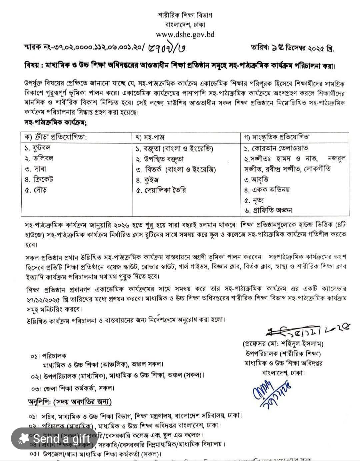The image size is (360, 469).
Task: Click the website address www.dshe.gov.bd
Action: click(x=185, y=34)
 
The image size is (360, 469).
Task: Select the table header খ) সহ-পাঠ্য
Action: click(x=150, y=137)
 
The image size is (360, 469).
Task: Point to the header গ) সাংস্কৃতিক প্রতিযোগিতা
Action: click(x=277, y=137)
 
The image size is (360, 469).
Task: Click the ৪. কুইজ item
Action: click(x=147, y=180)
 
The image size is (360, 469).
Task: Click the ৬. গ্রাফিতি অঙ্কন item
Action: click(x=268, y=210)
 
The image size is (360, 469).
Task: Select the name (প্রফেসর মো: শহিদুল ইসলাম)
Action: click(x=283, y=344)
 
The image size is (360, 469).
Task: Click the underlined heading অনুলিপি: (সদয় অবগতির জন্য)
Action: click(x=70, y=402)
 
